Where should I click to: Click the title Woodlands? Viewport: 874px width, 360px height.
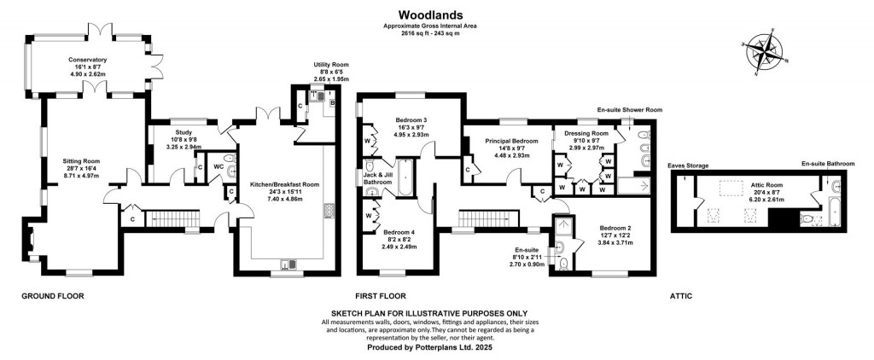[435, 15]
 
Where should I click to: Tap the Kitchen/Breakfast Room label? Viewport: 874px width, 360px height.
[284, 184]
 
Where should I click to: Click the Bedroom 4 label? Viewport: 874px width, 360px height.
[400, 232]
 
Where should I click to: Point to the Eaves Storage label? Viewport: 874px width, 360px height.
[688, 165]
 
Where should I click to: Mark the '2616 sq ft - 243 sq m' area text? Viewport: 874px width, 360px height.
[435, 34]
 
